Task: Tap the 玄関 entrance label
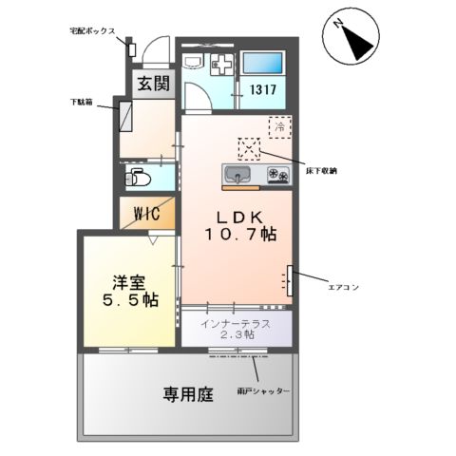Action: (x=150, y=83)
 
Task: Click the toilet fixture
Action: (x=140, y=177)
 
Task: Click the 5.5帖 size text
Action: (x=129, y=300)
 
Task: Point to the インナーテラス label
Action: (x=236, y=323)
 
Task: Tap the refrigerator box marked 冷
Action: (x=279, y=124)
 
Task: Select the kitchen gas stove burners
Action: (x=277, y=175)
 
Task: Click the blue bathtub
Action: (x=263, y=63)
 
